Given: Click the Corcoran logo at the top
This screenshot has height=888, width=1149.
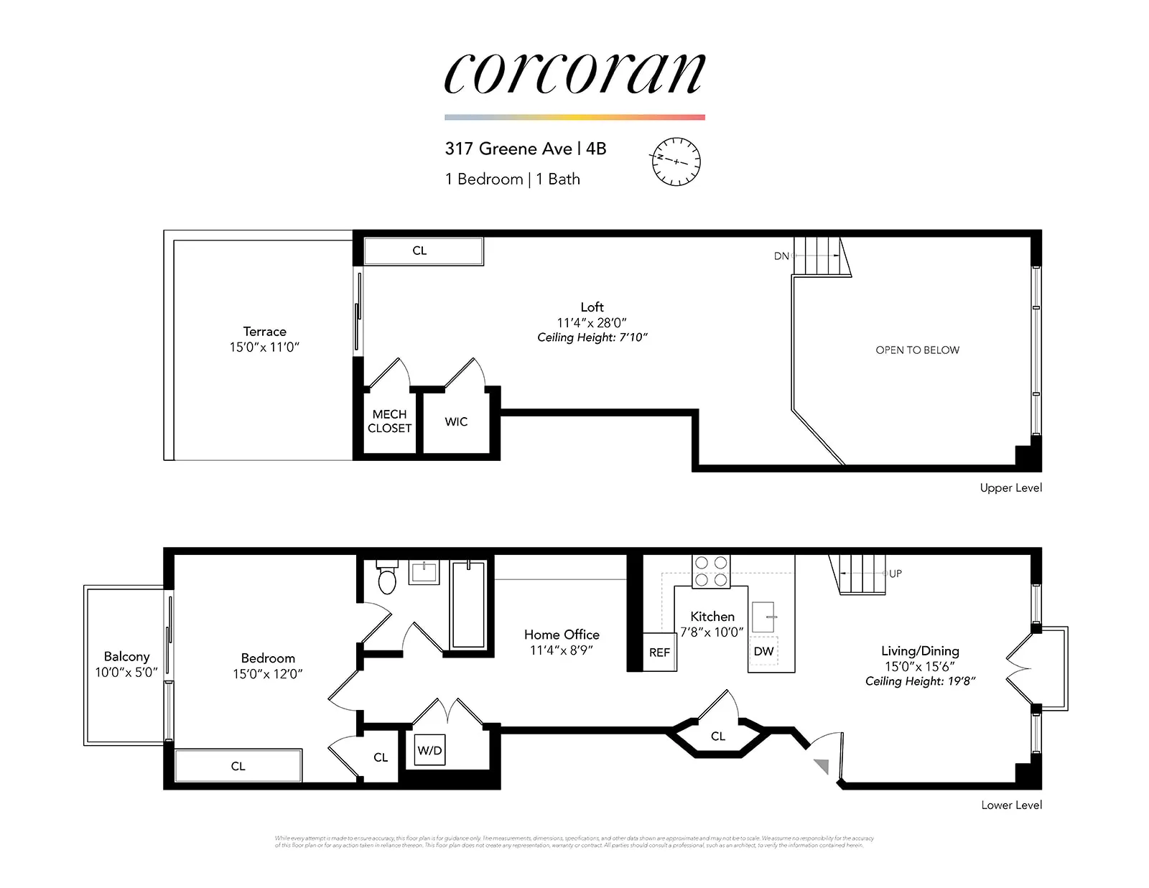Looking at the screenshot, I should coord(574,73).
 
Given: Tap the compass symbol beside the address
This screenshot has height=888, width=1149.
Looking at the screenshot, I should coord(676,162).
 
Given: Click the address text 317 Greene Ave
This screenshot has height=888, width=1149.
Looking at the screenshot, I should coord(508,149).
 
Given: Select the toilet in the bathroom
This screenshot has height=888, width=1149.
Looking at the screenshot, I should coord(387,578).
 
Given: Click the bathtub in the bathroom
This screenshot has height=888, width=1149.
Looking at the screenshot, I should coord(468,604).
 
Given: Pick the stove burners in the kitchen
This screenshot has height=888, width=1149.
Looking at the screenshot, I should coord(711,571).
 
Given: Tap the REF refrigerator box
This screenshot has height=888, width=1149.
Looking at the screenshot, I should coord(659,652).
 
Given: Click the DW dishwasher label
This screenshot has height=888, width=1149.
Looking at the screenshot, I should coord(763,651).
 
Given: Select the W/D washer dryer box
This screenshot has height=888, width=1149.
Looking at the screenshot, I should coord(429,750).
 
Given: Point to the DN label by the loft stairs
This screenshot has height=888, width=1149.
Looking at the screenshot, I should coord(781,256).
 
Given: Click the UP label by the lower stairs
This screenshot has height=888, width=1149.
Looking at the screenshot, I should coord(896,574).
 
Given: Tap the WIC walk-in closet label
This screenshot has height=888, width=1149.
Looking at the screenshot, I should coord(456,421).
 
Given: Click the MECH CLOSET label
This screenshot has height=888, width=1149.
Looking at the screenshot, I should coord(389,421).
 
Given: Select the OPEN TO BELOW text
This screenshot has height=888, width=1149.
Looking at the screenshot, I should coord(917,350).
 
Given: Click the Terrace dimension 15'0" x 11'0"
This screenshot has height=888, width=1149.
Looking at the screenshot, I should coord(264,347).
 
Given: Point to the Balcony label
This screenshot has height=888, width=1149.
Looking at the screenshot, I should coord(126,656).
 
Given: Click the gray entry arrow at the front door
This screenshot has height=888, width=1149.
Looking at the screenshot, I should coord(822,766).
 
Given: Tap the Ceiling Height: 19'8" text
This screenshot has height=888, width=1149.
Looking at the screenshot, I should coord(920,681).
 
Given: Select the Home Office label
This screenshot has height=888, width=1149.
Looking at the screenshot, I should coord(562,635).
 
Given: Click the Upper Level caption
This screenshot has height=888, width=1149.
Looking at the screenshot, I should coord(1010,487).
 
